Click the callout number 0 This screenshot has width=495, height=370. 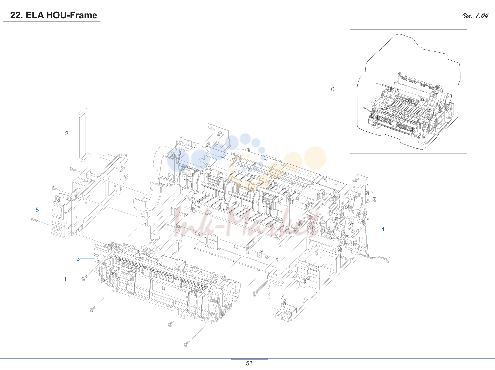coord(333,89)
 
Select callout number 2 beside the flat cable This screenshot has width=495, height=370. coord(67,134)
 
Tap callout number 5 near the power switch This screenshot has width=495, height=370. coord(37,210)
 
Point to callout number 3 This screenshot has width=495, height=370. coord(78,259)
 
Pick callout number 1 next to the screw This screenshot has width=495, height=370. coord(65,279)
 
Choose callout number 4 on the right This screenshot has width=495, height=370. coord(383,229)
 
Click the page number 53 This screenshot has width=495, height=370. coord(249,363)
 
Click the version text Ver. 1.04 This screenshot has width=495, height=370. coord(475,16)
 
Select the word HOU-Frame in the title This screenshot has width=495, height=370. coord(72,15)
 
